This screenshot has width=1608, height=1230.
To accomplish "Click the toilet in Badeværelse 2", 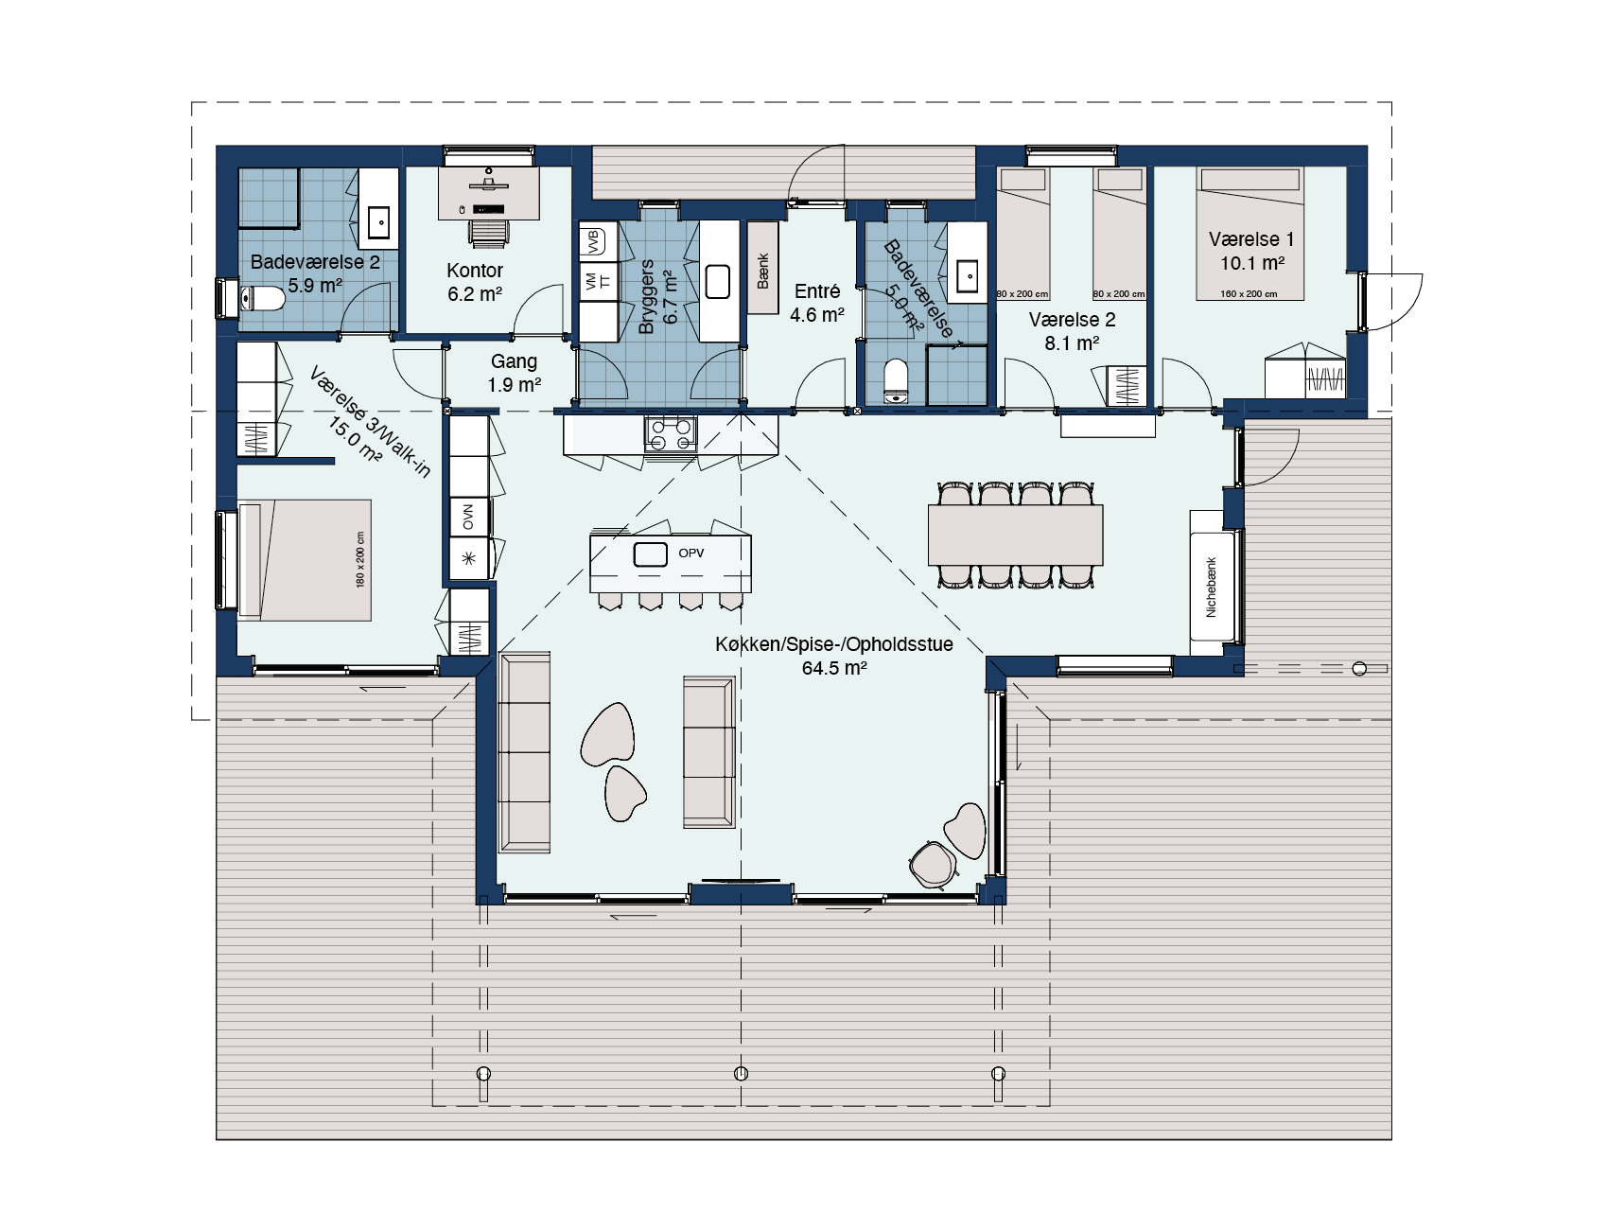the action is (263, 300).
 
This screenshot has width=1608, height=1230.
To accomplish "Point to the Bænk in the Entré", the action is (763, 269).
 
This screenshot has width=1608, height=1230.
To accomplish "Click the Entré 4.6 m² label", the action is (817, 303).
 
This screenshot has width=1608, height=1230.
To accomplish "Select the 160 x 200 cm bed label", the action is (1249, 293).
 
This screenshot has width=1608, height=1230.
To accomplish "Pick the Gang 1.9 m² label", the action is (514, 373).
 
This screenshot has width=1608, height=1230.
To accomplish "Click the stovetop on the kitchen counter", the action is (671, 432).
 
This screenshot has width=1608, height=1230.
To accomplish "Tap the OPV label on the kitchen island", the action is (691, 553).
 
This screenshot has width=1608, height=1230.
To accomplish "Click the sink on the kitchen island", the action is (651, 555).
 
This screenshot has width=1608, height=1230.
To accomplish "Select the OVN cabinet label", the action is (468, 517).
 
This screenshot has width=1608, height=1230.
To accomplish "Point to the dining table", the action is (1016, 535).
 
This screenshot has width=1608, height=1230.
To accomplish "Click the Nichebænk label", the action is (1212, 587).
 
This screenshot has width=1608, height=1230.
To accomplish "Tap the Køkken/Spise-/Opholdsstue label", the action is (834, 656).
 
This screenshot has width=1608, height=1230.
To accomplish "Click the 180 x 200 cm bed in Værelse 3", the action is (303, 560).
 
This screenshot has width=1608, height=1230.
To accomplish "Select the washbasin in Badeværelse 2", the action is (378, 221).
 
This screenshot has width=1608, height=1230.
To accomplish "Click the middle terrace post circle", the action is (741, 1073).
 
